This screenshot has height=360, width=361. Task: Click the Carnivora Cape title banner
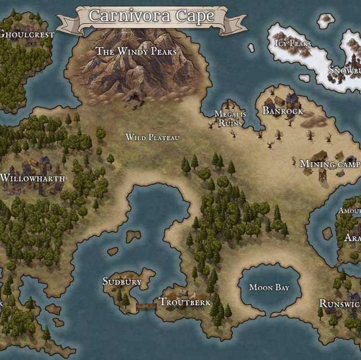pyautogui.click(x=152, y=17)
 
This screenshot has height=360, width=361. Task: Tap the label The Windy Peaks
pyautogui.click(x=136, y=51)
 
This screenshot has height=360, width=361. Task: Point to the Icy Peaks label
pyautogui.click(x=292, y=43)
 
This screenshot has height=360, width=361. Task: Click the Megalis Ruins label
pyautogui.click(x=229, y=118)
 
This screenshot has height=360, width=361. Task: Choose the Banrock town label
pyautogui.click(x=283, y=111)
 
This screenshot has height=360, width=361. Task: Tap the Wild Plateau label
pyautogui.click(x=152, y=137)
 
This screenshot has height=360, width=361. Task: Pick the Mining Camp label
pyautogui.click(x=329, y=165)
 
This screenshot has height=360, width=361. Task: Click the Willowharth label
pyautogui.click(x=33, y=179)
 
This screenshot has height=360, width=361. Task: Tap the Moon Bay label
pyautogui.click(x=269, y=288)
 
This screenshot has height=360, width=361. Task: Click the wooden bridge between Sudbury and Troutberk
pyautogui.click(x=146, y=306)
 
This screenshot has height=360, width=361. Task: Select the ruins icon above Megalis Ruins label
pyautogui.click(x=229, y=104)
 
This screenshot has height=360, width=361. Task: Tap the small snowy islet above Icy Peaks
pyautogui.click(x=325, y=21)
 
